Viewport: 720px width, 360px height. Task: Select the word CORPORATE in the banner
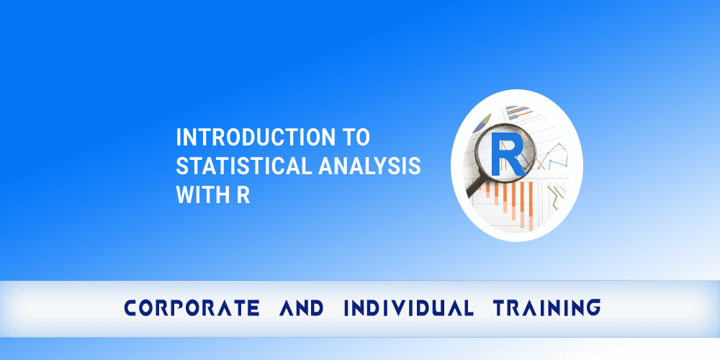pyautogui.click(x=192, y=309)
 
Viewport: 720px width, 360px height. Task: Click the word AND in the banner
pyautogui.click(x=301, y=309)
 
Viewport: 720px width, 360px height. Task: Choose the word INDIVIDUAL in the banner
pyautogui.click(x=408, y=309)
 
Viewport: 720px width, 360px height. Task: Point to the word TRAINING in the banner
pyautogui.click(x=546, y=309)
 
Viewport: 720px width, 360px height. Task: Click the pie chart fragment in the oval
pyautogui.click(x=483, y=120)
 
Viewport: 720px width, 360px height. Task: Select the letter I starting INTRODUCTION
pyautogui.click(x=179, y=136)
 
